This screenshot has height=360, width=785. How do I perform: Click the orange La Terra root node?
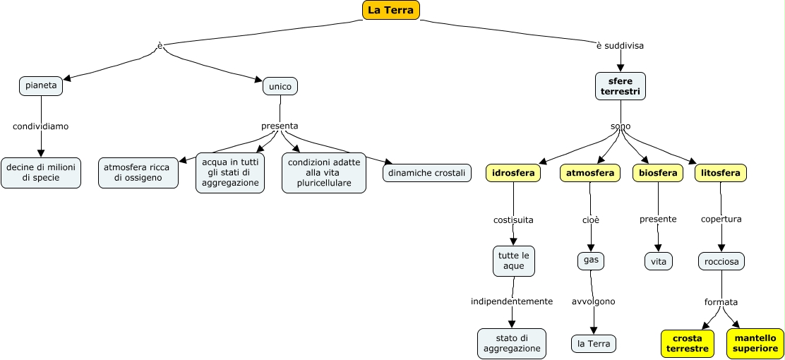click(391, 10)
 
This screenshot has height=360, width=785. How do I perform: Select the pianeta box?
click(41, 85)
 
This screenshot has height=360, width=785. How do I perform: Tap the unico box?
click(280, 86)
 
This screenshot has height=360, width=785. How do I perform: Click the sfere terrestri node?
click(621, 86)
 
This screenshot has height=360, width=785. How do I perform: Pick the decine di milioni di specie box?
click(41, 172)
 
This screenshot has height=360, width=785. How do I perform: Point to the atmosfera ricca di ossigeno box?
click(138, 172)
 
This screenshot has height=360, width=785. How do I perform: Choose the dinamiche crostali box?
click(427, 172)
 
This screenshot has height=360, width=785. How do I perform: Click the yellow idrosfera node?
click(513, 173)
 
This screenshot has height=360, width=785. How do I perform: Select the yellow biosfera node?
click(658, 173)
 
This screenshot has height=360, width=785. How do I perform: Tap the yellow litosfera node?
click(721, 173)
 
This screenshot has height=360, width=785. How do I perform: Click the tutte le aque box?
click(514, 261)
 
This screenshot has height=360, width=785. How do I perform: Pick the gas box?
click(591, 260)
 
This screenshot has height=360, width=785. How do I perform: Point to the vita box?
click(658, 261)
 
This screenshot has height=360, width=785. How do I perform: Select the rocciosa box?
click(721, 261)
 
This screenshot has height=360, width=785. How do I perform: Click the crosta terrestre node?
click(687, 344)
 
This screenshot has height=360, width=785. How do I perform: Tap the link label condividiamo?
click(41, 127)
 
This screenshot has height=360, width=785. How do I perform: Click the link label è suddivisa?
click(620, 46)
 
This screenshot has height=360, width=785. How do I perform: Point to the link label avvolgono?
click(593, 301)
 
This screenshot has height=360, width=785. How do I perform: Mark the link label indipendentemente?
click(512, 301)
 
